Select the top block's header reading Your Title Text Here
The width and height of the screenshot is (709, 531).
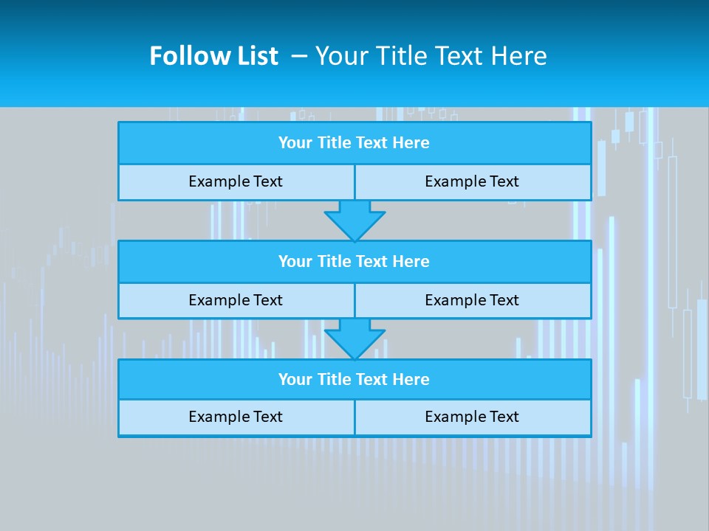click(x=354, y=143)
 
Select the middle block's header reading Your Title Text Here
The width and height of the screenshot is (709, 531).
click(x=354, y=261)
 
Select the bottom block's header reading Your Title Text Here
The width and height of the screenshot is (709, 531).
click(x=354, y=379)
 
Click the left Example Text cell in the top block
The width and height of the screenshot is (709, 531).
click(x=236, y=181)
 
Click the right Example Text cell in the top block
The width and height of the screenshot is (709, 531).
click(x=472, y=181)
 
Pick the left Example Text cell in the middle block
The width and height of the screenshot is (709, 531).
click(x=236, y=300)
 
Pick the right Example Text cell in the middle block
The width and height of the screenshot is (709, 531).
click(x=472, y=300)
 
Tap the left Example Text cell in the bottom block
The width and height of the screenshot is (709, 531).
click(x=236, y=417)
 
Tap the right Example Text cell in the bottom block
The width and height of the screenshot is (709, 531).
click(x=472, y=417)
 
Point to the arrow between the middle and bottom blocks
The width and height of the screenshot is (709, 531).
click(x=354, y=339)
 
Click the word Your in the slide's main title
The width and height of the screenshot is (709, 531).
click(x=340, y=56)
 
